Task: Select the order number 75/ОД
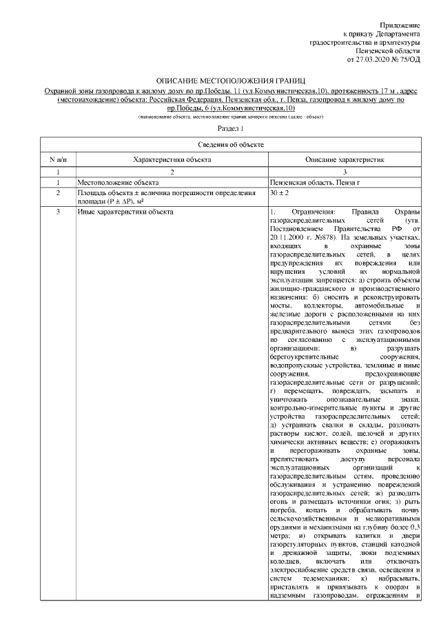coord(407,60)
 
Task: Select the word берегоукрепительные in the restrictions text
coord(303,356)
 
